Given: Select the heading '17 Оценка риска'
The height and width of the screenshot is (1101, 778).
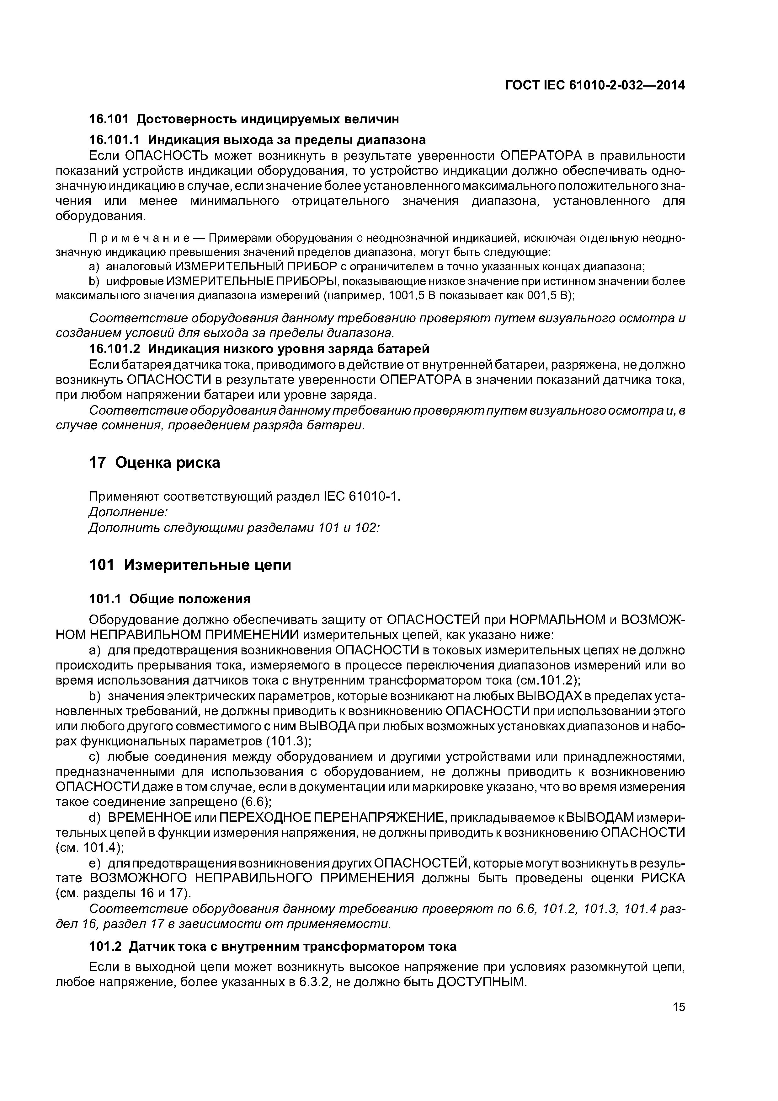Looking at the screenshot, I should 155,462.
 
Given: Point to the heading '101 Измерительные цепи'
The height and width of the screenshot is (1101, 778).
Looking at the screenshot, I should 190,565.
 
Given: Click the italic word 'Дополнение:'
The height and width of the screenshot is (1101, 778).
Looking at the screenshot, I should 129,512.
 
